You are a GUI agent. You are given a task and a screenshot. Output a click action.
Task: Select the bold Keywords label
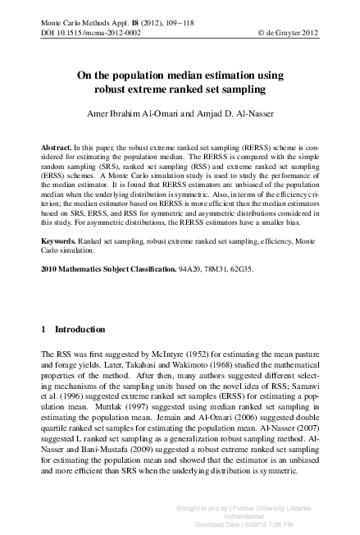tap(59, 243)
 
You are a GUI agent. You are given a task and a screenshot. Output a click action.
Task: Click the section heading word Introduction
tap(80, 329)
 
